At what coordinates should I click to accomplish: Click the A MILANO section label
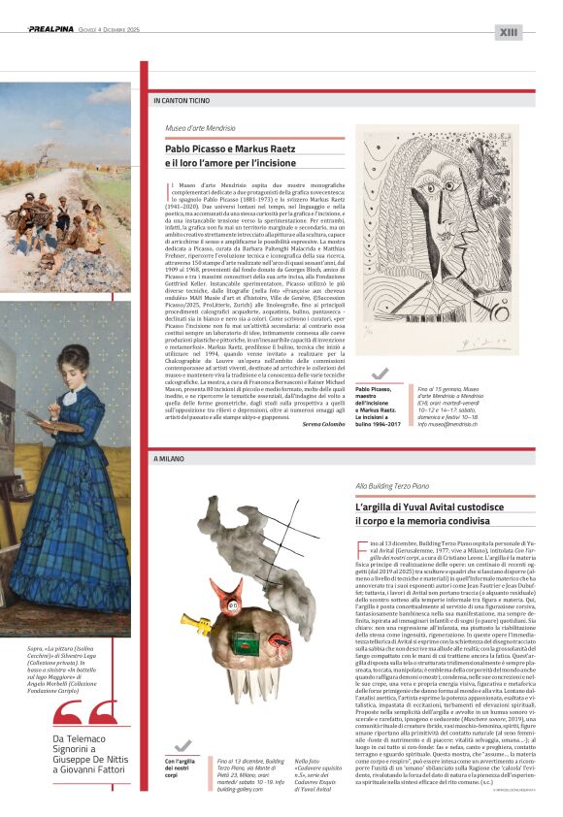[167, 457]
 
